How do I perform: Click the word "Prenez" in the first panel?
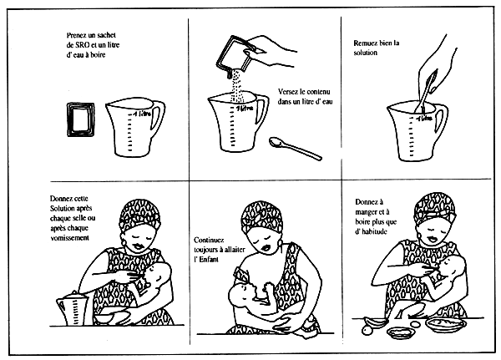78,36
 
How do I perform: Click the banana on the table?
378,321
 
